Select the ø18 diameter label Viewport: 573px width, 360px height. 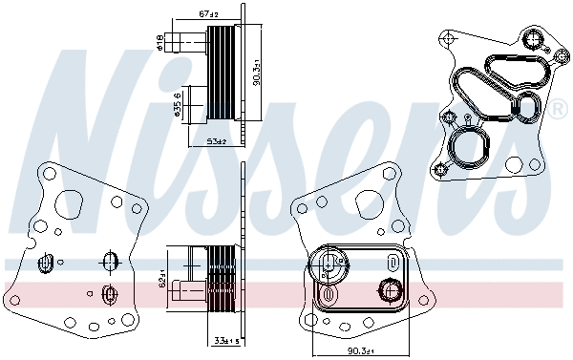point(159,42)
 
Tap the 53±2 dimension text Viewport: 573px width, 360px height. point(214,141)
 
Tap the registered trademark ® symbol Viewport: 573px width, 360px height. point(556,108)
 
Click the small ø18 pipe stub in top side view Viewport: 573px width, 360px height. point(179,41)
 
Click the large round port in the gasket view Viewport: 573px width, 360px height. point(468,149)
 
